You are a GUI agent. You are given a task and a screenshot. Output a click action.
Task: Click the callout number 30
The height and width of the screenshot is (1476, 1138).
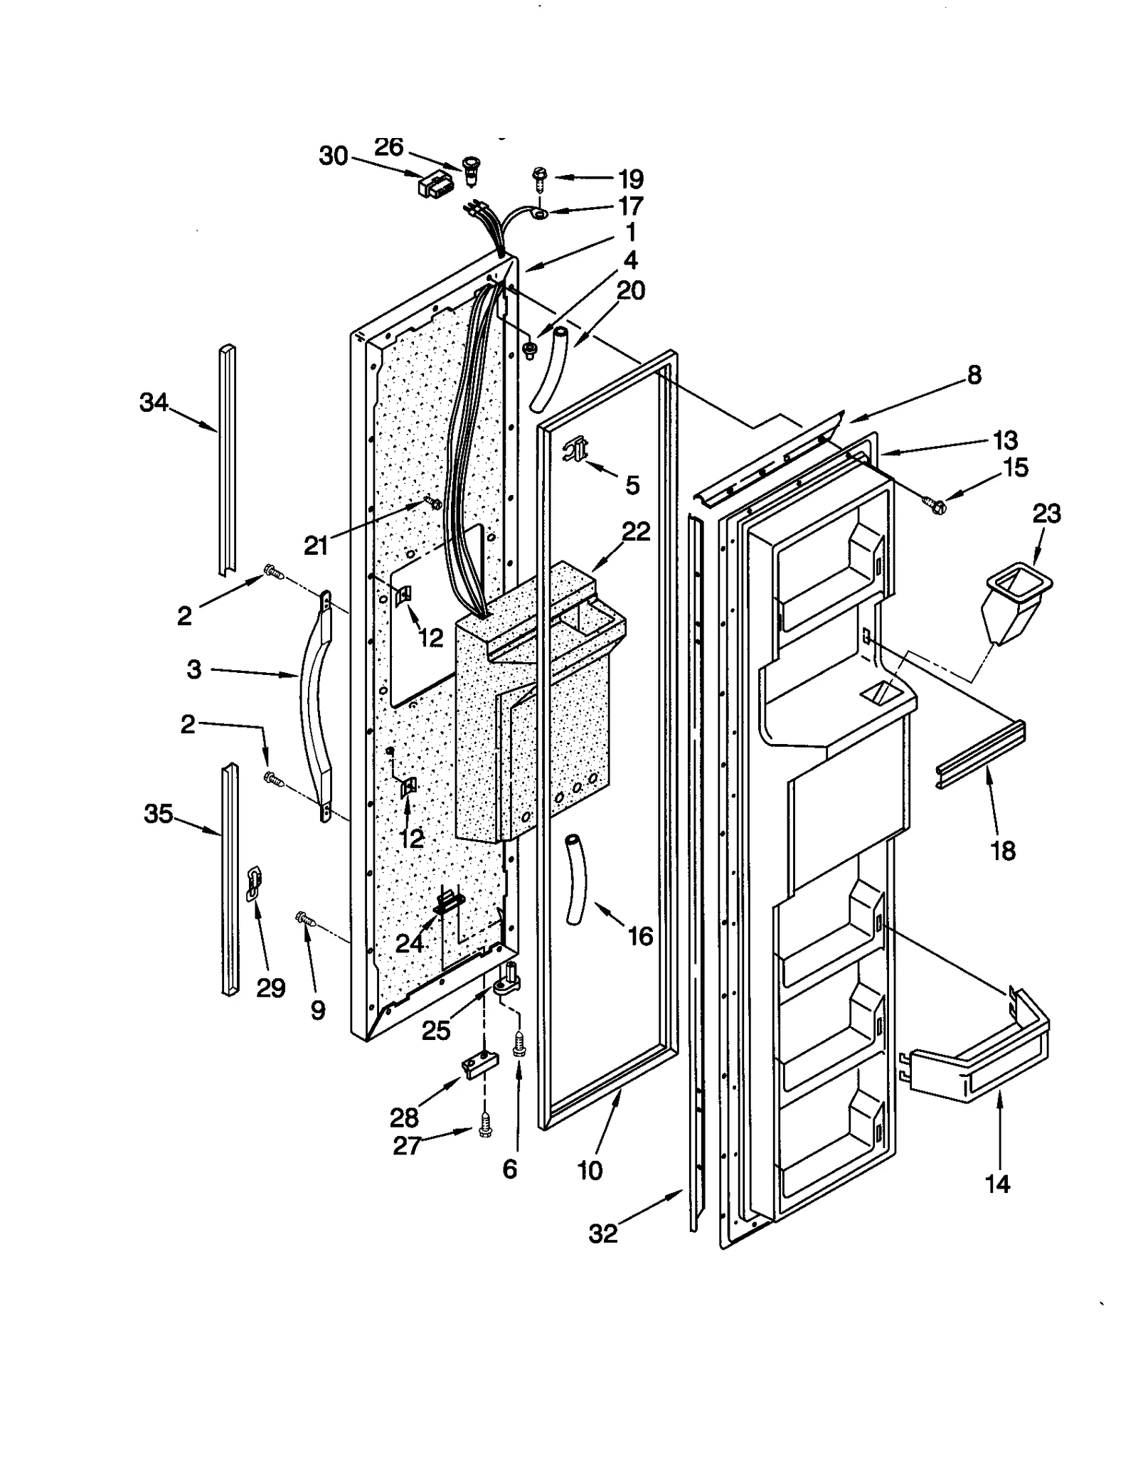pos(333,156)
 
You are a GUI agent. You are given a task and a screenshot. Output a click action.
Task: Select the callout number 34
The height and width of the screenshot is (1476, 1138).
pos(154,403)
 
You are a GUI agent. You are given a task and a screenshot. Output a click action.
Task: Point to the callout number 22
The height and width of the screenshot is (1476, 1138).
pos(635,531)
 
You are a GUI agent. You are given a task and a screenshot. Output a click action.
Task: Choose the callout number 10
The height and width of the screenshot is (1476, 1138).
pos(590,1169)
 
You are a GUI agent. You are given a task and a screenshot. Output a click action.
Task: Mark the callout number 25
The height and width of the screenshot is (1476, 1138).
pos(435,1031)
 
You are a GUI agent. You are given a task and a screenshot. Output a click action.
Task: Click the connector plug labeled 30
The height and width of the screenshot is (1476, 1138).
pos(435,186)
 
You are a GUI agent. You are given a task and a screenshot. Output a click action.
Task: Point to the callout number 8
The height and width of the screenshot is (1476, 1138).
pos(974,375)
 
